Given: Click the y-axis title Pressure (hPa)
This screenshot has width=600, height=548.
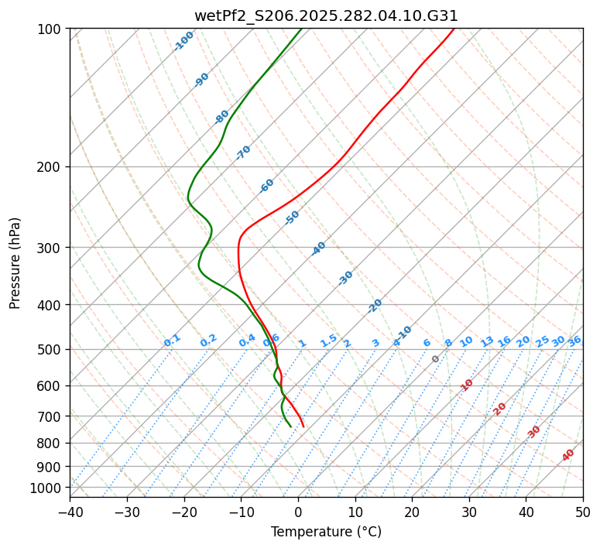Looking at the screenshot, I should coord(15,263).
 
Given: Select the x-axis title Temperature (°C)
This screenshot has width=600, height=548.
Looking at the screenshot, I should coord(326,532).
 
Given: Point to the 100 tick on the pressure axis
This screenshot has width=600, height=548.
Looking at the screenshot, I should coord(52,29).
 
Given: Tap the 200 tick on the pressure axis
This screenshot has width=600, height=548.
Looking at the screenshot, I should coord(52,166).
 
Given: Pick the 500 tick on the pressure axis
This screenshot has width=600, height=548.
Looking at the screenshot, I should coord(52,350).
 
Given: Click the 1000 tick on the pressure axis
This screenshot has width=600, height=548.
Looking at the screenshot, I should coord(49,488).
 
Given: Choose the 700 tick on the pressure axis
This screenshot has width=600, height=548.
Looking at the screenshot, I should coord(52,416).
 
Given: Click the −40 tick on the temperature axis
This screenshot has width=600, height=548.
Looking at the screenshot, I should coord(70,512).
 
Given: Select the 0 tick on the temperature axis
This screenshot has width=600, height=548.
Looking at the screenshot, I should coord(298,512).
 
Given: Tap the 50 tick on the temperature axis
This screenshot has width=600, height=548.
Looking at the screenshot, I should coord(583,512).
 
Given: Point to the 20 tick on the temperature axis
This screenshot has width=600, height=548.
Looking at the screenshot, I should coord(412,512).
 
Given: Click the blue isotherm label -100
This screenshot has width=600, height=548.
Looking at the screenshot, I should coord(183,40).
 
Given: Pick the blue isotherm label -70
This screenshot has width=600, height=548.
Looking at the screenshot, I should coord(243,152).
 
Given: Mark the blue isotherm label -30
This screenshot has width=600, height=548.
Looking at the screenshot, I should coord(345,278).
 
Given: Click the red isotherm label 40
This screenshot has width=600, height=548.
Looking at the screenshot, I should coord(568,455).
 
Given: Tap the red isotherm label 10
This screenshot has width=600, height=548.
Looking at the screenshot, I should coord(466,385).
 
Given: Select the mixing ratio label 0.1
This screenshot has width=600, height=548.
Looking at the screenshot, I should coord(172,341).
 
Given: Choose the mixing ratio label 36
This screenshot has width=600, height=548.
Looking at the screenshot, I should coord(574,341).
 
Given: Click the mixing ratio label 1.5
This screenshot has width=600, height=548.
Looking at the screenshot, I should coord(328,341).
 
